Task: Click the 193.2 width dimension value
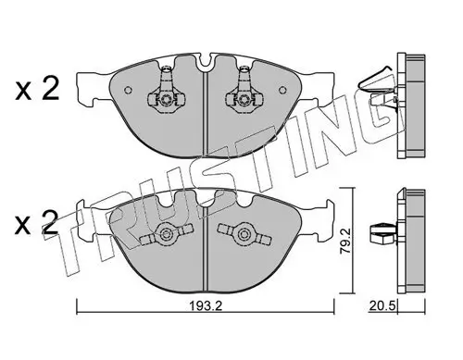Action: click(206, 306)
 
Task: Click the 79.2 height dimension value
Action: click(345, 241)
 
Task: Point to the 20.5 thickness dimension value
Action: click(382, 306)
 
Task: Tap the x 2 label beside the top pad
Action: click(37, 90)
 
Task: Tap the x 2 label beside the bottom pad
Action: click(37, 223)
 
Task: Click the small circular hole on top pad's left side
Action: click(128, 90)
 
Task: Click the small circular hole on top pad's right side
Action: click(282, 90)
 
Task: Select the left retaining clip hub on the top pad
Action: click(167, 99)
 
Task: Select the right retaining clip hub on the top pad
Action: click(244, 99)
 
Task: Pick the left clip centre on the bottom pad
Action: click(167, 234)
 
